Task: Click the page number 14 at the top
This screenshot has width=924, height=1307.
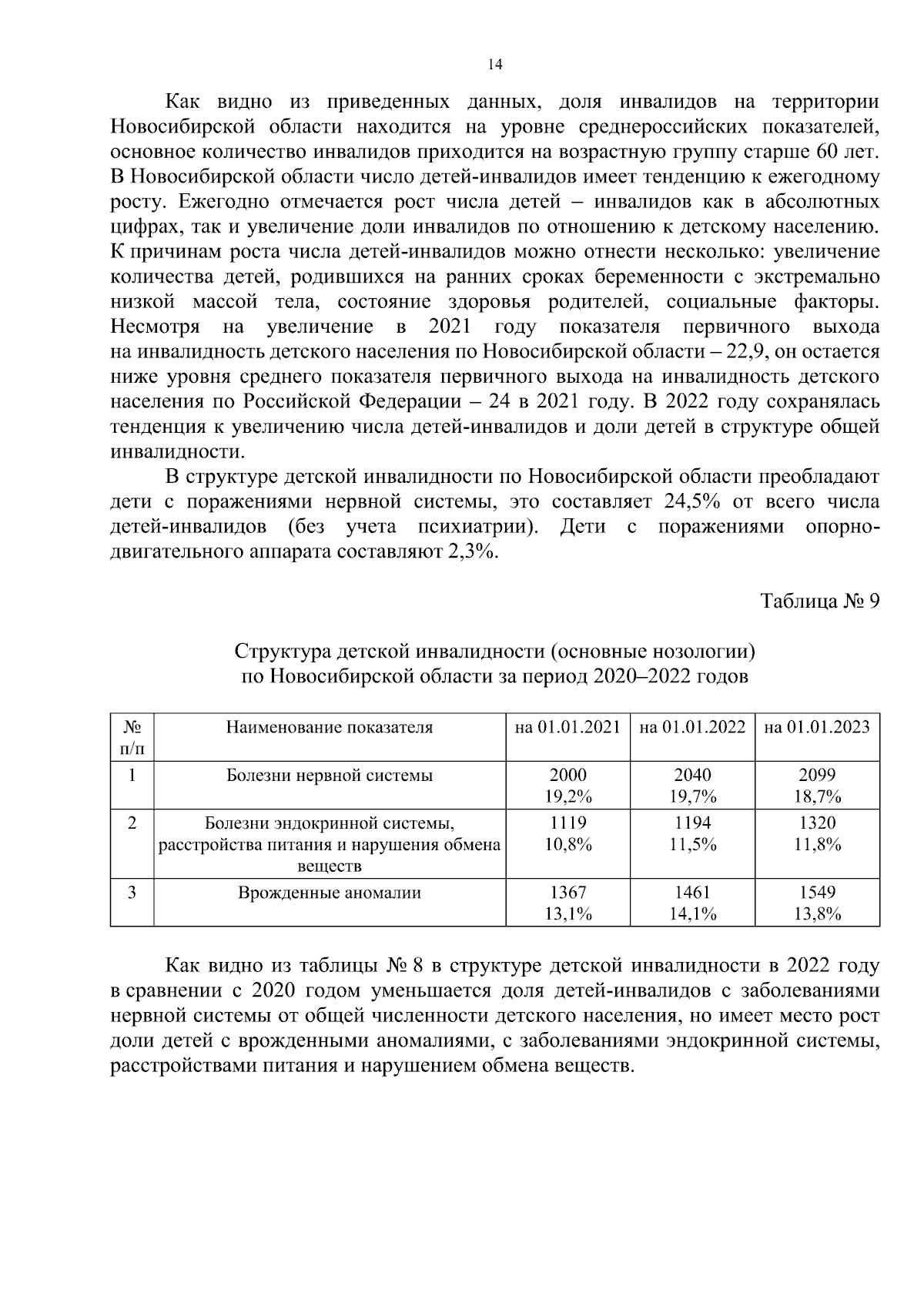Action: point(495,65)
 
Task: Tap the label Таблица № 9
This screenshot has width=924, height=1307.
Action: point(819,601)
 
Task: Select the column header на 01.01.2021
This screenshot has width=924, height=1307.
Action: point(567,727)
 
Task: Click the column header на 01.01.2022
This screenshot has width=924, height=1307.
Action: point(692,727)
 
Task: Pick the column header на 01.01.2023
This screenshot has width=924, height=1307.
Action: point(817,727)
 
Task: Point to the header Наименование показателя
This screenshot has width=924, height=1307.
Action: point(330,727)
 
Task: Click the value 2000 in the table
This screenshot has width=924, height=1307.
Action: point(567,775)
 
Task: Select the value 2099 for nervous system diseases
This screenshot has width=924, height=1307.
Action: point(817,775)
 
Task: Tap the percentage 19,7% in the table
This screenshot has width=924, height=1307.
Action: point(692,796)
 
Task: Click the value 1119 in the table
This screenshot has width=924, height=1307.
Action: point(567,823)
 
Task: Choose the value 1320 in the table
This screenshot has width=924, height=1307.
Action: point(817,823)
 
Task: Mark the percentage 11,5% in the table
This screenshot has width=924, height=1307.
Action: point(692,844)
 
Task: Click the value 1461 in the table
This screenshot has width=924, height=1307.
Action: point(692,892)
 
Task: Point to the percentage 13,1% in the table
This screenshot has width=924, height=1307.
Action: point(567,914)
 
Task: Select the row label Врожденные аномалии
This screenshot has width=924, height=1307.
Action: point(330,893)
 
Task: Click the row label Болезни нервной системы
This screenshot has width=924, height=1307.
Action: point(330,776)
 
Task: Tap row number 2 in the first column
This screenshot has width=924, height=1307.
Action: point(132,823)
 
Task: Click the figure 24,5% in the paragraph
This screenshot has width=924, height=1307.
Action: point(691,502)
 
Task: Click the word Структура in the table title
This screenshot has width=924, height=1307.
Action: point(283,652)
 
